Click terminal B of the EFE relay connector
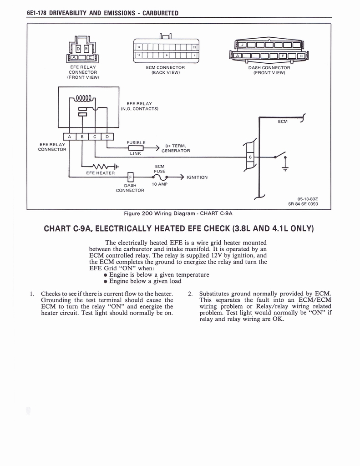coord(82,136)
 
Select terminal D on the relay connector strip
coord(107,136)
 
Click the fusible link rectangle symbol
coord(136,148)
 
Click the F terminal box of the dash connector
coord(131,177)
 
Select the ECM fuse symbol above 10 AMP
coord(159,177)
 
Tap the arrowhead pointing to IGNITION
coord(182,177)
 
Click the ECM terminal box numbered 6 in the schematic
coord(250,157)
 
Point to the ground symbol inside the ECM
coord(285,169)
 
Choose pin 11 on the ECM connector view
coord(139,55)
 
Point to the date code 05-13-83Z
coord(308,198)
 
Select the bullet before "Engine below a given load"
coord(106,281)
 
